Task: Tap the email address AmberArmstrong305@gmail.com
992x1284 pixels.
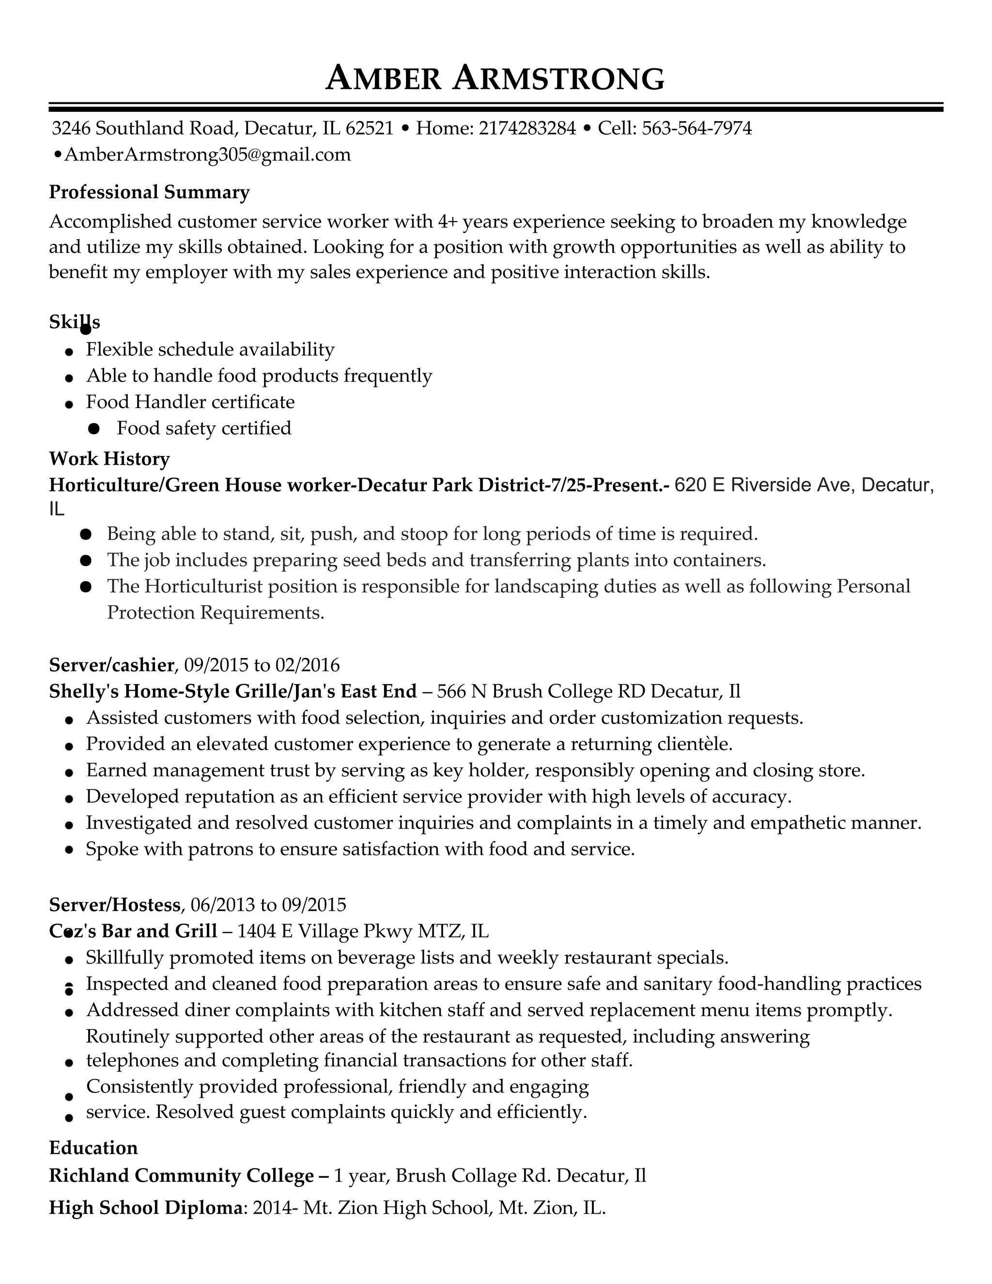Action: pyautogui.click(x=207, y=155)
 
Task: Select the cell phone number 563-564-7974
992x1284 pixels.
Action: pyautogui.click(x=697, y=128)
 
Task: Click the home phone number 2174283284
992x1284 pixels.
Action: pyautogui.click(x=527, y=128)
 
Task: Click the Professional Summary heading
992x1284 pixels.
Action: pyautogui.click(x=149, y=192)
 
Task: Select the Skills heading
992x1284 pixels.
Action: pyautogui.click(x=75, y=322)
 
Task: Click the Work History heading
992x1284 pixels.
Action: pyautogui.click(x=109, y=458)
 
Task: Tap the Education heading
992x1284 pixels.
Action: pyautogui.click(x=93, y=1148)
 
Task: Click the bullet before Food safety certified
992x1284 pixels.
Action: pyautogui.click(x=93, y=429)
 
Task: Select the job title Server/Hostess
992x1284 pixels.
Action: pyautogui.click(x=115, y=904)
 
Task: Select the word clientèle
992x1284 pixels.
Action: pyautogui.click(x=696, y=744)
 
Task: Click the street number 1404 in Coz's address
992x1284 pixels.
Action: pyautogui.click(x=256, y=931)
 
